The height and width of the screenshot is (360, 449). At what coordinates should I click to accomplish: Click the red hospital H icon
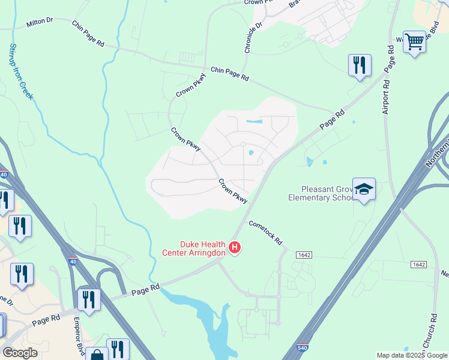tap(235, 247)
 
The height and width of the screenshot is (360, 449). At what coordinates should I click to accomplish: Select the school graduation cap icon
tap(363, 190)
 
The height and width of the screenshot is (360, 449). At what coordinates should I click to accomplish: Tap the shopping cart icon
tap(414, 42)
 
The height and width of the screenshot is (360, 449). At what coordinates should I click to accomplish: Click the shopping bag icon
tap(97, 355)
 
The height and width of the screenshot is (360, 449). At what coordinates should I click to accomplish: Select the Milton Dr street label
tap(40, 22)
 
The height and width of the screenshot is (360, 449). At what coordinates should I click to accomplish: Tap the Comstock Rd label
tap(266, 232)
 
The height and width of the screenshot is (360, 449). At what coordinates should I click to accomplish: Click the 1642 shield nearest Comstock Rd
tap(304, 255)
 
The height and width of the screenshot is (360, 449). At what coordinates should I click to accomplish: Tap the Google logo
tap(21, 353)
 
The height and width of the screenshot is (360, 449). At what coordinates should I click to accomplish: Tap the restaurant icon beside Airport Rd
tap(360, 65)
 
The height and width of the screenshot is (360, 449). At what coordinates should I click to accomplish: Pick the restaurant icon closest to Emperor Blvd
tap(89, 299)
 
